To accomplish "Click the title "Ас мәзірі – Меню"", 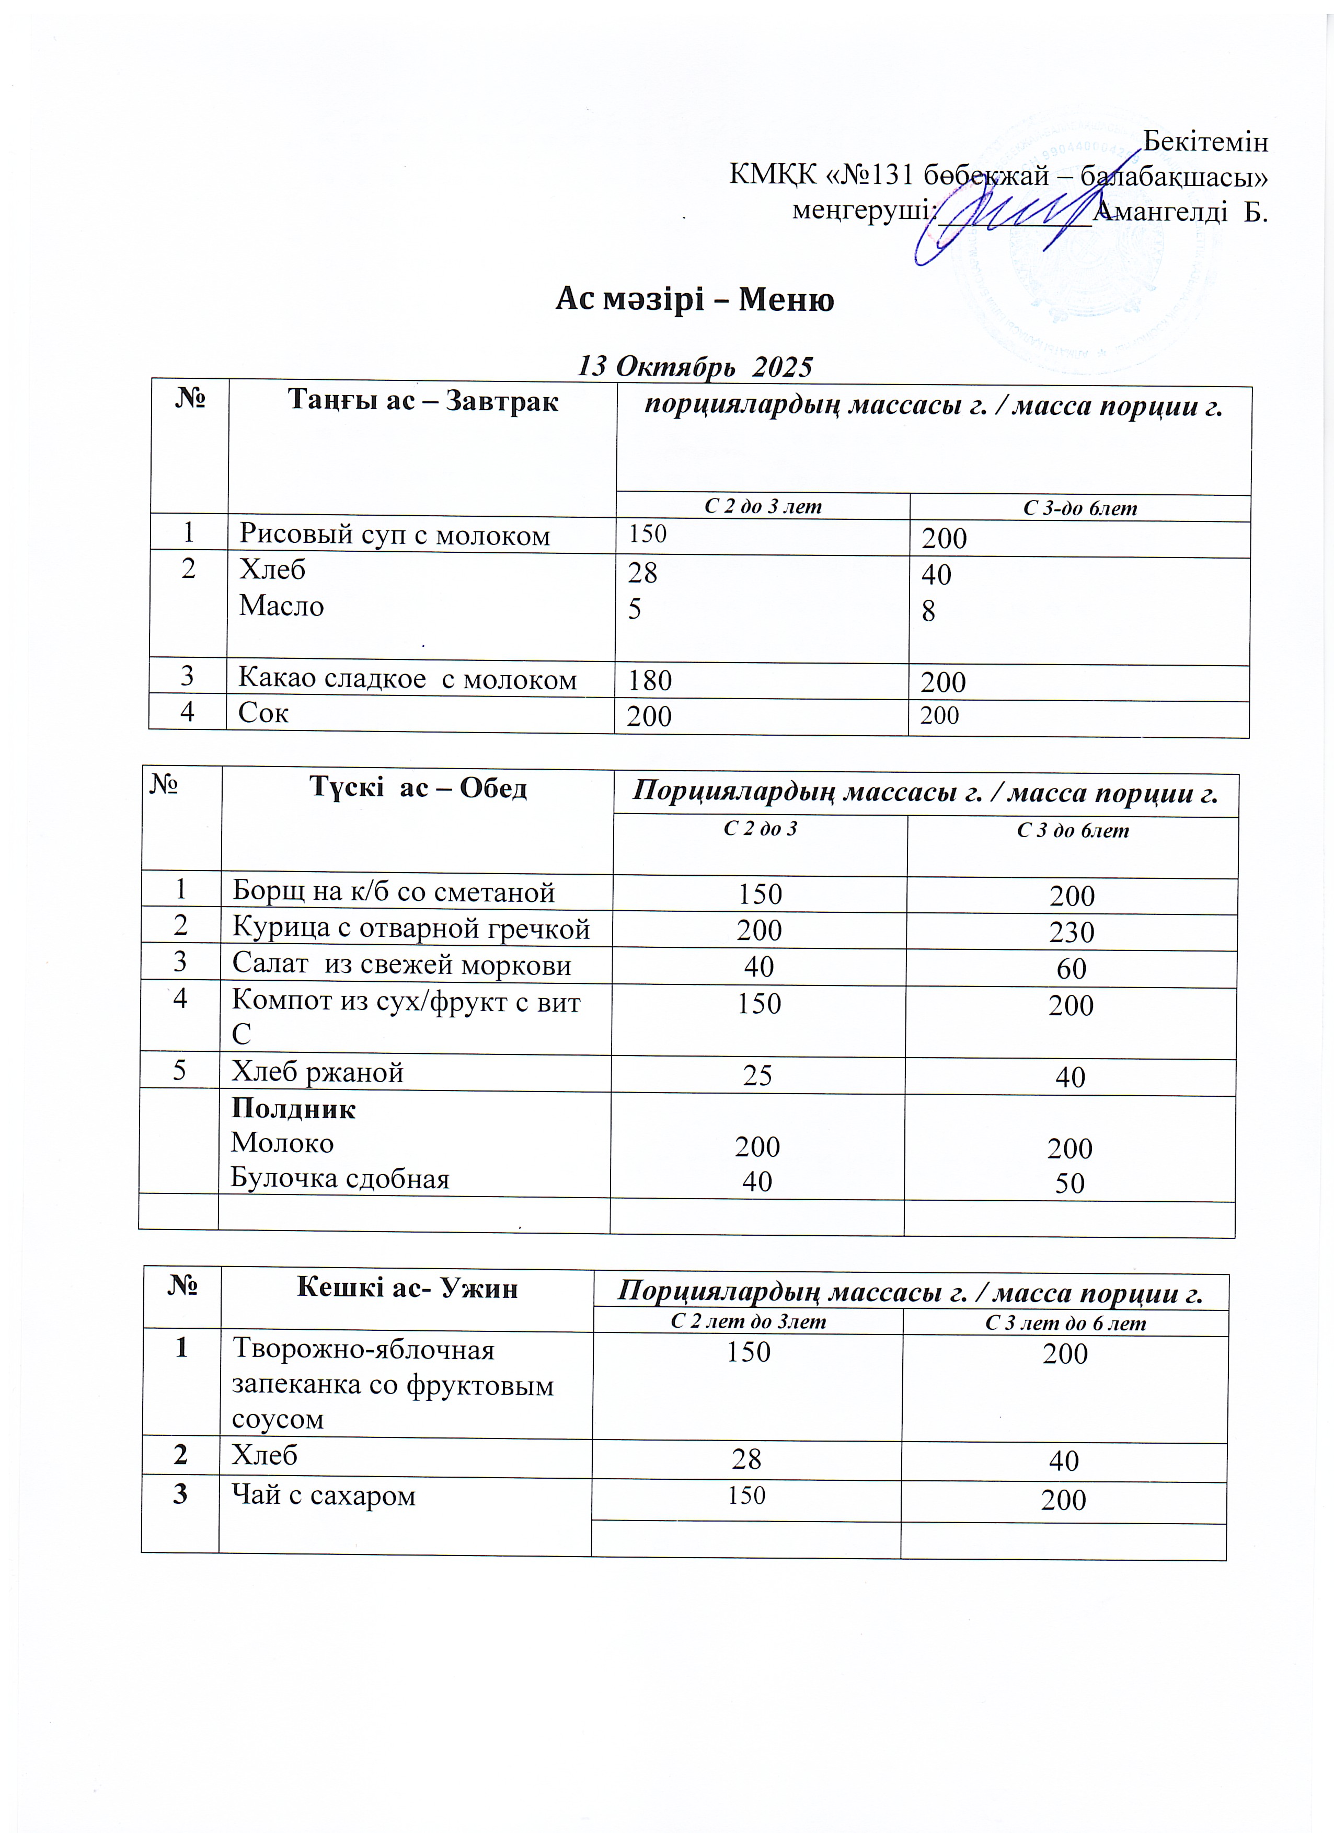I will tap(695, 300).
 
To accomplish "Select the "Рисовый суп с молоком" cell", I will tap(395, 535).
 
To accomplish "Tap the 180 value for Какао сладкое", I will tap(650, 680).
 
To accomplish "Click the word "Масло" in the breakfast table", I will tap(281, 606).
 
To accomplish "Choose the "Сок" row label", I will tap(263, 713).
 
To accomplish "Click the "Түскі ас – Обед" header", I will tap(418, 787).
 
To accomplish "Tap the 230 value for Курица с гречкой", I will tap(1071, 932).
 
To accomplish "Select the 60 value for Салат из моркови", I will tap(1071, 968).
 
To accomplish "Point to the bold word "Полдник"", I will tap(293, 1109).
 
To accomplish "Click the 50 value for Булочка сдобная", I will tap(1069, 1183).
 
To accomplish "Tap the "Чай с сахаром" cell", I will tap(324, 1496).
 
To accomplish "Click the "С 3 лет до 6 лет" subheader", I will tap(1065, 1323).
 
